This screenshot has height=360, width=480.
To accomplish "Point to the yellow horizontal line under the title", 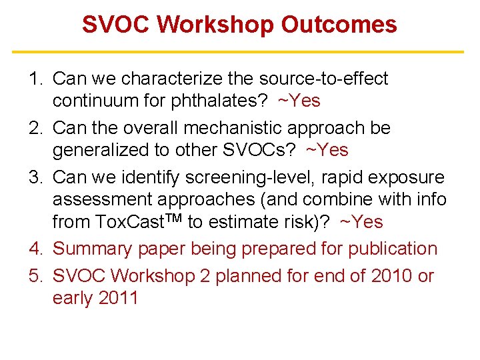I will (x=239, y=51).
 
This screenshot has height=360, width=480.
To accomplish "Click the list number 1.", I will (x=35, y=79).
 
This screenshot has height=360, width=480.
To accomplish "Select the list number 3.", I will (x=35, y=177).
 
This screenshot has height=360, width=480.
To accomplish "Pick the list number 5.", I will (x=35, y=275).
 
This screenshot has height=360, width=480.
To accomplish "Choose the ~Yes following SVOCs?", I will (x=327, y=150).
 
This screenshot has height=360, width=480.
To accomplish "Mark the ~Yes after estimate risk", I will (x=361, y=222).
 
